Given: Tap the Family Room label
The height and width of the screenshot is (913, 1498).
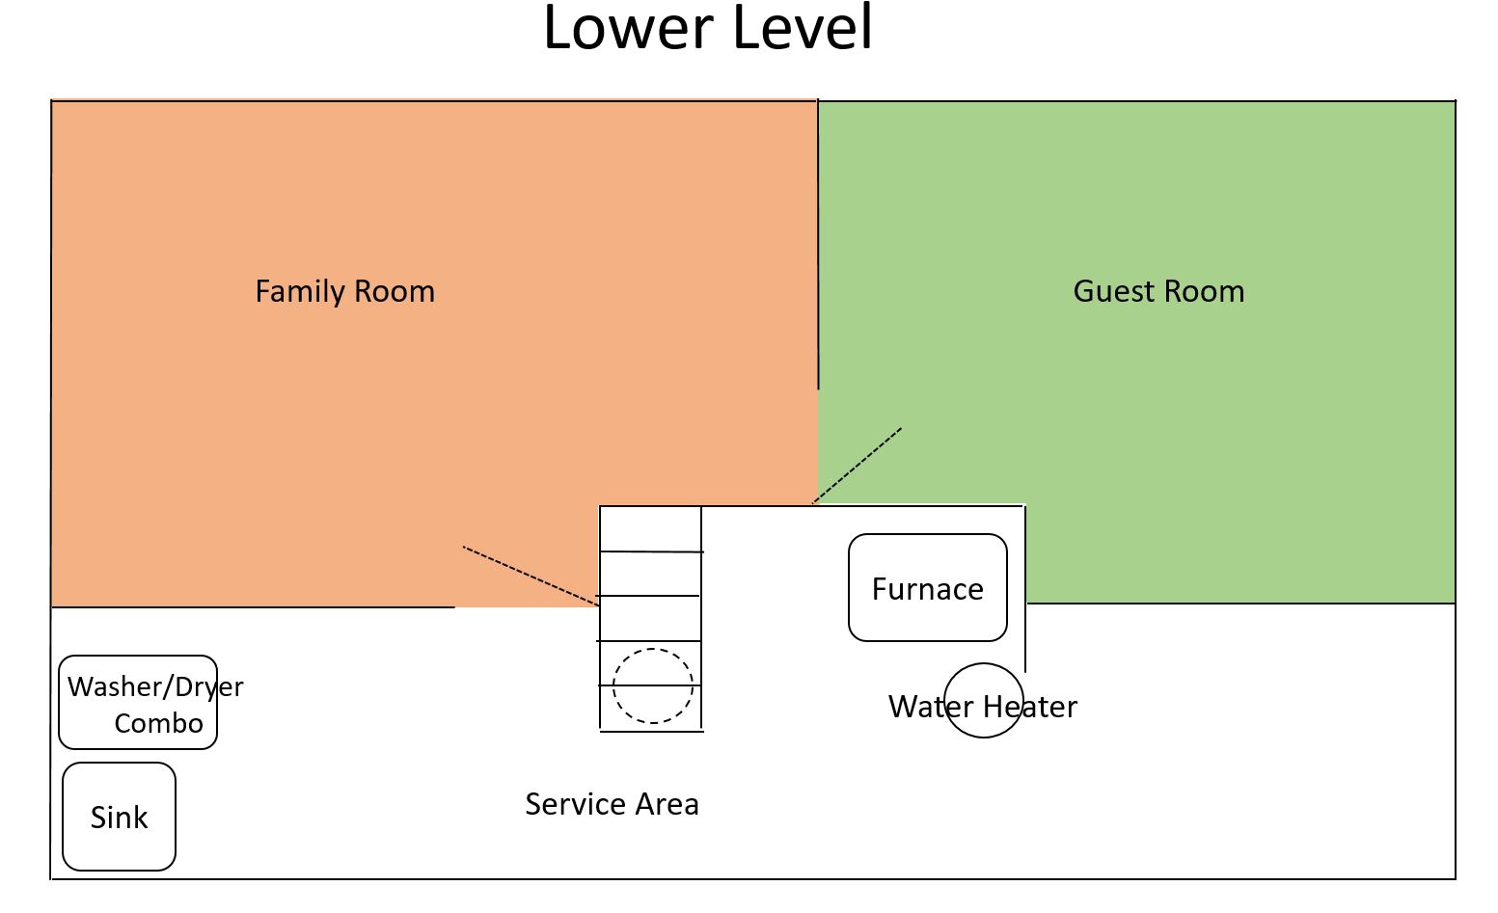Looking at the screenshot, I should point(344,291).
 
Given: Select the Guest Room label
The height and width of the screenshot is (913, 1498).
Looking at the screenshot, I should point(1158,291).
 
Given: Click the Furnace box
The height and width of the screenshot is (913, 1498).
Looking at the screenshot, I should point(927,588).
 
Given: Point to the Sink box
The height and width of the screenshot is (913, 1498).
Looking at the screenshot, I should point(119,817).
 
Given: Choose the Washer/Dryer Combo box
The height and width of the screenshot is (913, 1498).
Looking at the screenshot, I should point(138,703).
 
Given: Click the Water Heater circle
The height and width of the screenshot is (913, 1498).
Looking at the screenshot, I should point(983,701).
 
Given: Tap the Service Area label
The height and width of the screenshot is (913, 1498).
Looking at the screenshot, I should point(612,804).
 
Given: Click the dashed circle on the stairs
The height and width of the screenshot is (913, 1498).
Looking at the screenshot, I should point(653,685).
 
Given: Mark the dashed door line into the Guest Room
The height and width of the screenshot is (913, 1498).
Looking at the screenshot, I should point(858,465).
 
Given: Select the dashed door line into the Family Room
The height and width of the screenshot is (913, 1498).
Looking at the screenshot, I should point(531,576).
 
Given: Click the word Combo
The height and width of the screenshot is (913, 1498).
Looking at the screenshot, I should point(158,723).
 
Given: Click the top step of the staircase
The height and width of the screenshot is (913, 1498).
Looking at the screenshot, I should point(651,529).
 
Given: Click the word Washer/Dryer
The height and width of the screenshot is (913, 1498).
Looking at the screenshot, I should point(155,686).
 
